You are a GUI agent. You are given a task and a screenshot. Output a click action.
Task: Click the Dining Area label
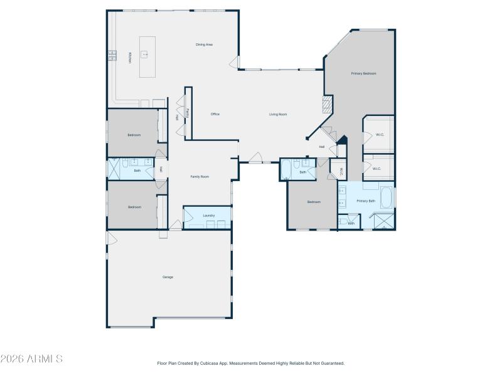click(205, 44)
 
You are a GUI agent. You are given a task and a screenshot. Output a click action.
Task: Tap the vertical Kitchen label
click(130, 58)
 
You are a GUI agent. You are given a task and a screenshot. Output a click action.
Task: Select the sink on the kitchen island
click(146, 55)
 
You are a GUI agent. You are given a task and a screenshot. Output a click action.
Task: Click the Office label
click(215, 114)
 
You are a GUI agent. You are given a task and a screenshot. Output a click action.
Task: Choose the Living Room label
click(278, 114)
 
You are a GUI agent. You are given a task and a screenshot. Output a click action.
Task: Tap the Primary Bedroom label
click(363, 73)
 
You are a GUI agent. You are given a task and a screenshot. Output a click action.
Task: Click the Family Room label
click(200, 177)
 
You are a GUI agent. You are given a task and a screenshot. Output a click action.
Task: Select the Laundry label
click(209, 216)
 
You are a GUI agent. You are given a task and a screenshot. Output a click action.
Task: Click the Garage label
click(168, 277)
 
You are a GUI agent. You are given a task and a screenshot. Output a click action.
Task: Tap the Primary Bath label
click(366, 201)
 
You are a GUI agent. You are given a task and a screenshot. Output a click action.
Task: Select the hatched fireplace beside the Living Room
click(326, 104)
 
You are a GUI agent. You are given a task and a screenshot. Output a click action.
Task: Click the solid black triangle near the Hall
click(342, 140)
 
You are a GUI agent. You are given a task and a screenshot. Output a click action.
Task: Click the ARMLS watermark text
click(31, 359)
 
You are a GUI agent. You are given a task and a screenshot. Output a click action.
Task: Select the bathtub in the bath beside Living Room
click(286, 169)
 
